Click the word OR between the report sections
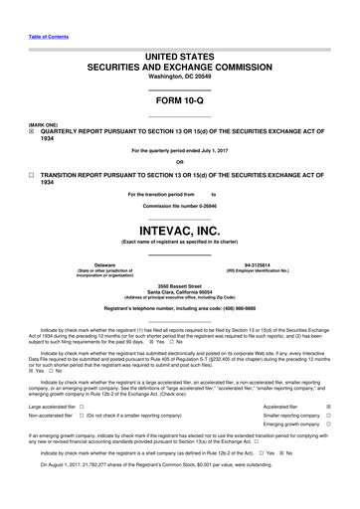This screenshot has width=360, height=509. [179, 162]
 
